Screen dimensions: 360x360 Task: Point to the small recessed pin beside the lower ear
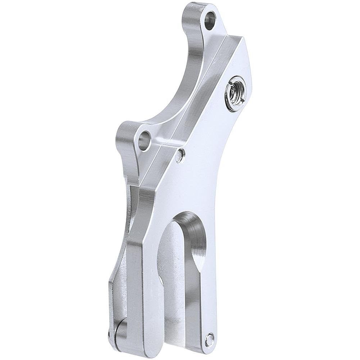point(181,154)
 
